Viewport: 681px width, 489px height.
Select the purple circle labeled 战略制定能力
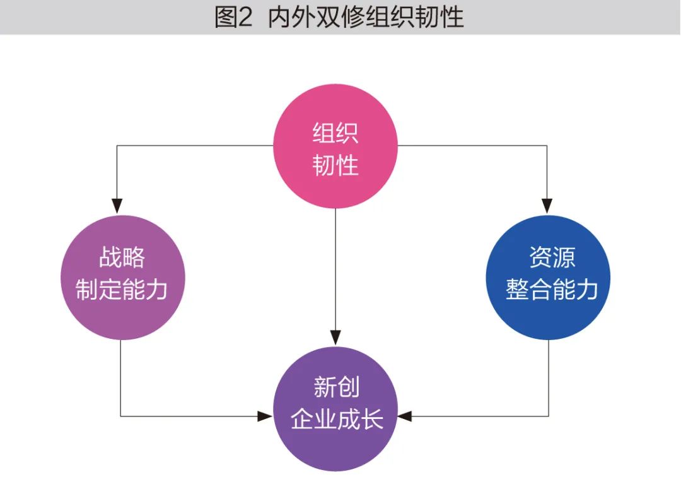(x=122, y=278)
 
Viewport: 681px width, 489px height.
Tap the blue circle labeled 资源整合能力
(x=549, y=278)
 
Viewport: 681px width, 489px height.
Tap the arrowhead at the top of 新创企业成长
(x=336, y=338)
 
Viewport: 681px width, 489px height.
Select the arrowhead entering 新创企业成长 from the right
(x=405, y=416)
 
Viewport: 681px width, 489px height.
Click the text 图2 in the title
(x=233, y=18)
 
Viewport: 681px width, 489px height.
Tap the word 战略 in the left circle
(x=122, y=258)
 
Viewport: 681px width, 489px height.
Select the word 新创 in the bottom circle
(x=336, y=387)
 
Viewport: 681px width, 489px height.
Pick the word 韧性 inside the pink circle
(x=335, y=166)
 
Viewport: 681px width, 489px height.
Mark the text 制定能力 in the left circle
(x=122, y=290)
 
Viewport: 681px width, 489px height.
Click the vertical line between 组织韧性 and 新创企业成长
(x=336, y=271)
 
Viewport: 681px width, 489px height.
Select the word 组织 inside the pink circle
(x=335, y=134)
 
